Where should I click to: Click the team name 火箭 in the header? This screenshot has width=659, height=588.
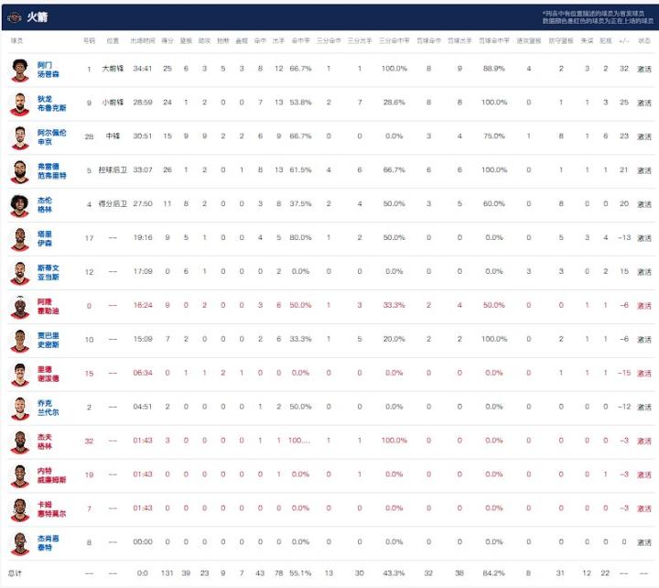coord(38,16)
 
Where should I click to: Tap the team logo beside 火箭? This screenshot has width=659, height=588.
coord(14,16)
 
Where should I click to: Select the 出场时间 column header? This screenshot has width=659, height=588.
coord(142,40)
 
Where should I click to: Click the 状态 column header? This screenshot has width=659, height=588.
coord(644,40)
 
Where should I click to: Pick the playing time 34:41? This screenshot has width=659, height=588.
coord(142,69)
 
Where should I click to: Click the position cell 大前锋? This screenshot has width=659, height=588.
coord(113,69)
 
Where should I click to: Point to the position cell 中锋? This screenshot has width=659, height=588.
coord(113,136)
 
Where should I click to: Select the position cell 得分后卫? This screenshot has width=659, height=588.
coord(113,204)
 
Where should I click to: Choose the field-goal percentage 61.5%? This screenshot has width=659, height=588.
coord(300,170)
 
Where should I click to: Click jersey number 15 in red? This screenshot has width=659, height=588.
coord(89,373)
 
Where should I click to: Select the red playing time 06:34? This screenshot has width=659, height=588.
coord(142,373)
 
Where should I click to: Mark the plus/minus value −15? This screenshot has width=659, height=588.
coord(624,373)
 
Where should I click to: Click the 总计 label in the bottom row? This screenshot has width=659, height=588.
coord(17,572)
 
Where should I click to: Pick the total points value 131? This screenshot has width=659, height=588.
coord(167,572)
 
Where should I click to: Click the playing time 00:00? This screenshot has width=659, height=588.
coord(142,542)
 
